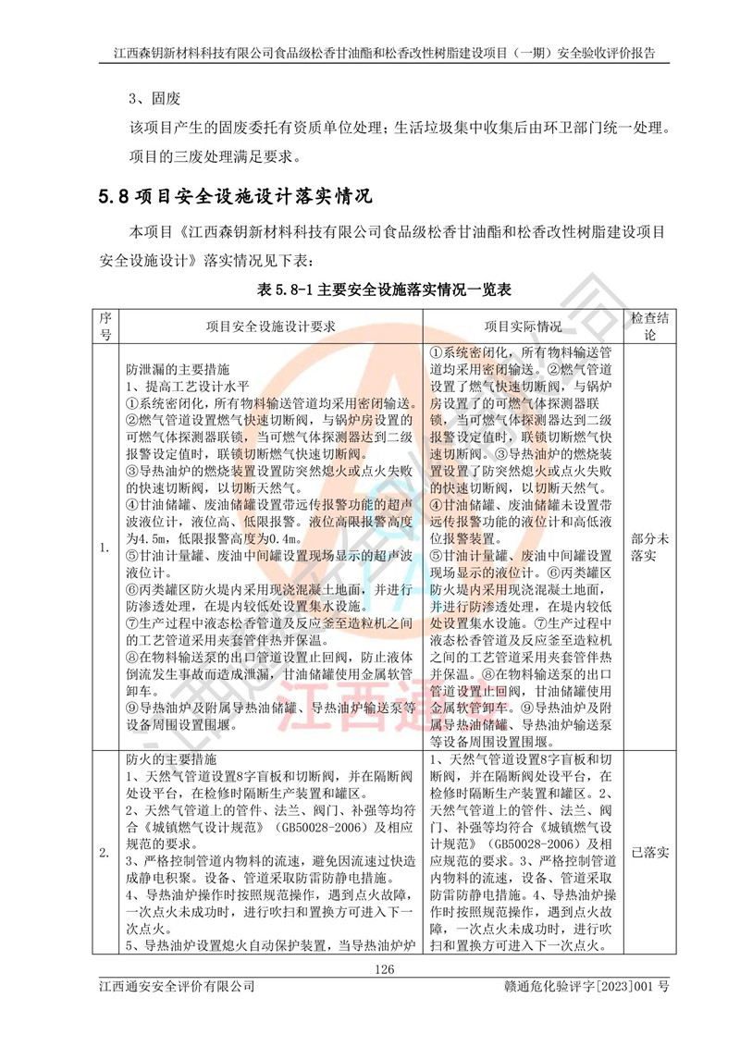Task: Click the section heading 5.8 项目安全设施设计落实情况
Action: click(234, 197)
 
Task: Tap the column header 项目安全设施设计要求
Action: click(269, 326)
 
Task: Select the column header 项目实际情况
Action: click(524, 326)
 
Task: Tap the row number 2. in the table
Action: click(105, 851)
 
